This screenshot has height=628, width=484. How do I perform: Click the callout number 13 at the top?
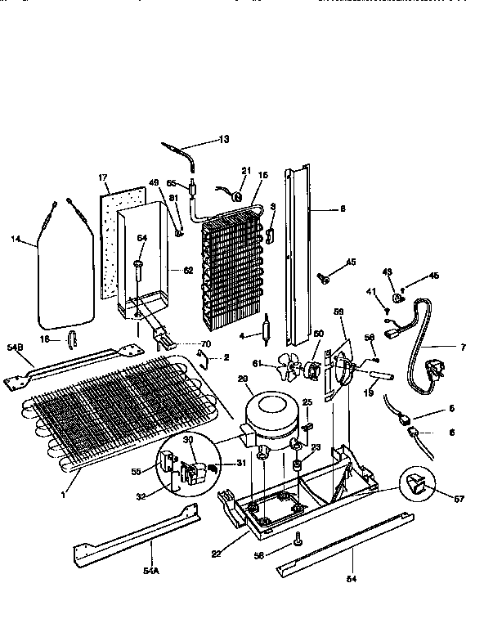[x=223, y=139]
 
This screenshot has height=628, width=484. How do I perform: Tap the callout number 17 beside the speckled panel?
[x=103, y=177]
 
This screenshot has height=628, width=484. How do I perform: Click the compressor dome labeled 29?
[x=273, y=410]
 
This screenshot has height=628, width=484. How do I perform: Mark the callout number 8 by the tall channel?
[x=343, y=209]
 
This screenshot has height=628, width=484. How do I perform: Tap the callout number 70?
[x=205, y=344]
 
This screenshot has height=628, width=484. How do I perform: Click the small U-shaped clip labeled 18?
[x=71, y=339]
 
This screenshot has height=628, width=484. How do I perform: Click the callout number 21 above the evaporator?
[x=244, y=170]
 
